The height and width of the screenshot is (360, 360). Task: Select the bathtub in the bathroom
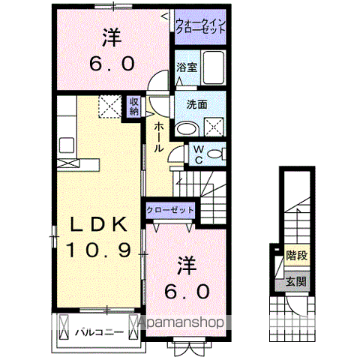pos(216,70)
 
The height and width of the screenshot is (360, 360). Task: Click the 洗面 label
pos(197,105)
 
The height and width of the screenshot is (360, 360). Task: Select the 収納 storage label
pos(133,106)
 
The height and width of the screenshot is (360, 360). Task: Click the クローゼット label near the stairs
pos(169,210)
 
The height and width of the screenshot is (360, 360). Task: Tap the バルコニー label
pos(94,329)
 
